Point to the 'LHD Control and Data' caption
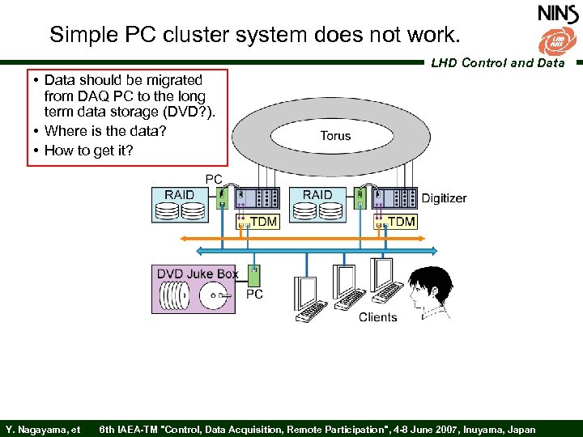497,62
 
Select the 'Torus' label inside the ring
335,135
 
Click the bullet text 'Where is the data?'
105,130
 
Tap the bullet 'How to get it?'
89,150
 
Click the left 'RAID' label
179,195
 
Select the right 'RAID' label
317,195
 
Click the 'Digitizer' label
444,197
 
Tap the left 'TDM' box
257,221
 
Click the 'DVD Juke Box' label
197,274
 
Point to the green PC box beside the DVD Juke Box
254,277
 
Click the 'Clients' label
378,317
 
